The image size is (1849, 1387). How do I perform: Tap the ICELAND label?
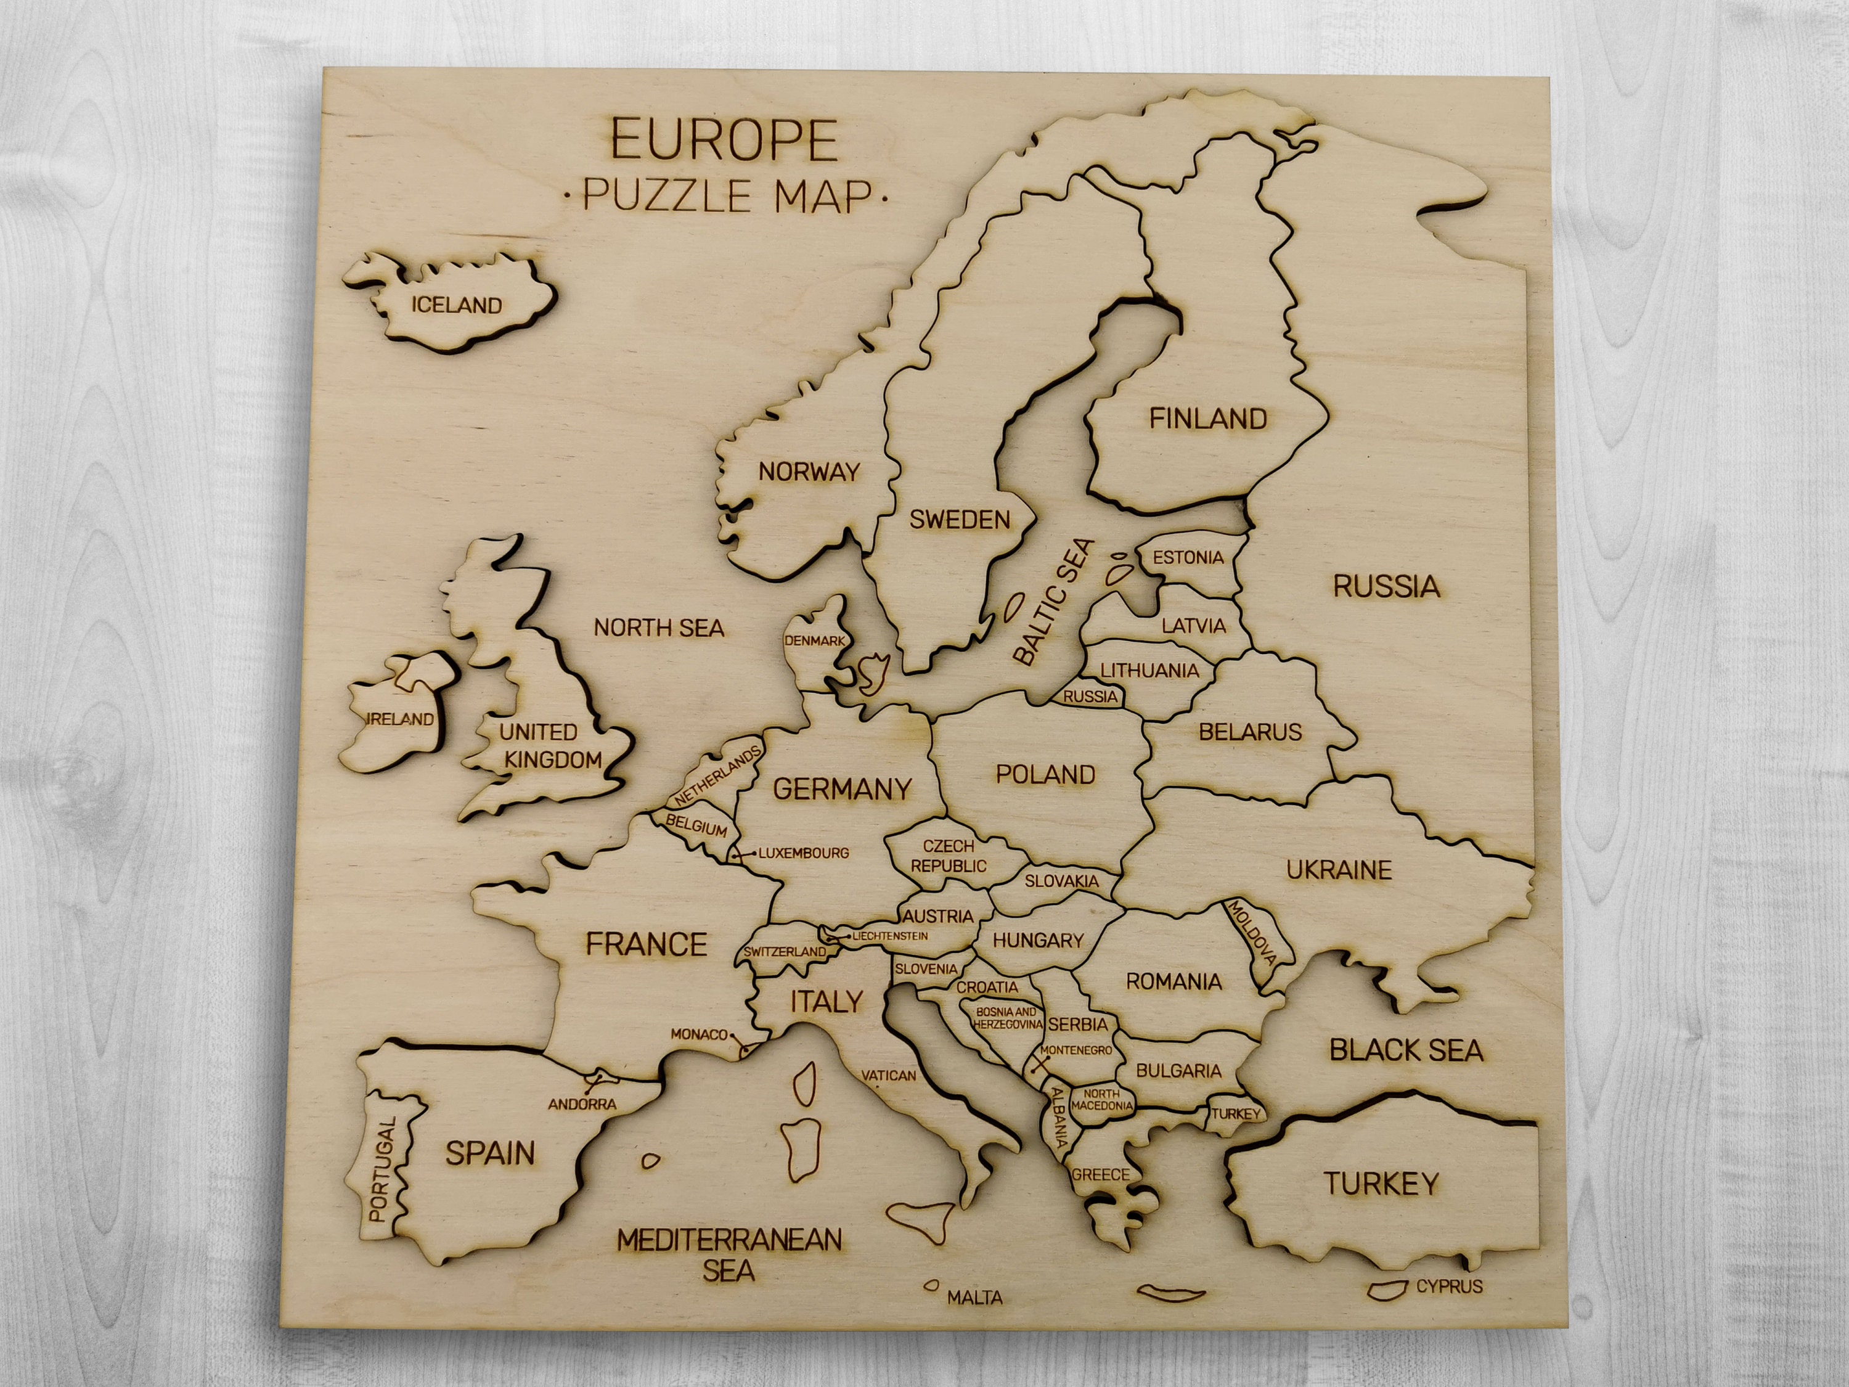tap(457, 305)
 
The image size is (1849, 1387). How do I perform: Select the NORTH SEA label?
tap(659, 628)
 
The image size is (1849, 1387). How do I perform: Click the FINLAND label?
tap(1208, 418)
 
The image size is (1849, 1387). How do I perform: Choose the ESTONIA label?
tap(1188, 558)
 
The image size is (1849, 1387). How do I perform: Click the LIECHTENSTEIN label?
tap(889, 936)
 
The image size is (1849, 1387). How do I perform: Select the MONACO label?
tap(699, 1034)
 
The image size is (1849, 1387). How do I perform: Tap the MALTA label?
tap(974, 1298)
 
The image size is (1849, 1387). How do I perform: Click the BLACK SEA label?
tap(1406, 1050)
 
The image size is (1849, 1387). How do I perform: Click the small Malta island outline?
tap(930, 1286)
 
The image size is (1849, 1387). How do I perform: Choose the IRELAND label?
tap(401, 719)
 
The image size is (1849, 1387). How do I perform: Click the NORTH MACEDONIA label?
tap(1102, 1099)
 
